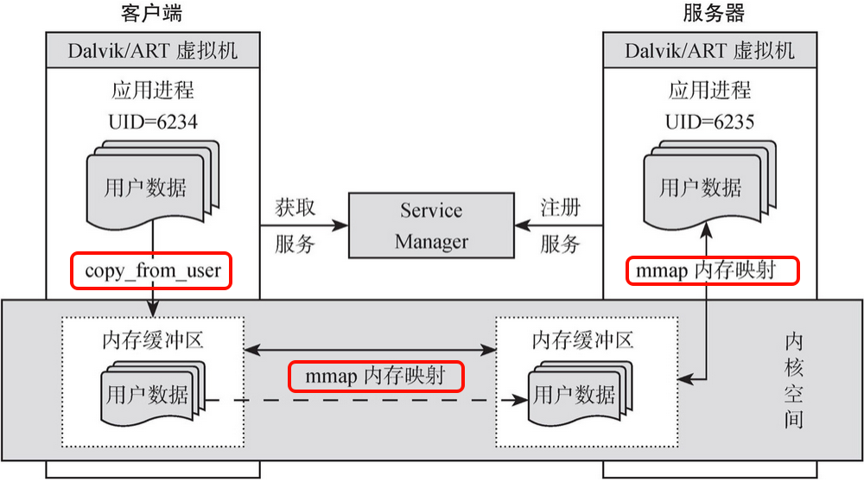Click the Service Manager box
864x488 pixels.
coord(430,225)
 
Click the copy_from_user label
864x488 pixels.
coord(152,270)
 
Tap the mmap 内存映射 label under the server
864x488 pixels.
coord(710,270)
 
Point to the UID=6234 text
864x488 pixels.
coord(152,122)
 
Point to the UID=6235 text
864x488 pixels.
coord(709,122)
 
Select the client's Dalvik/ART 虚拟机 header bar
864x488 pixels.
coord(152,50)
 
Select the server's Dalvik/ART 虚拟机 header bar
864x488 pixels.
coord(709,50)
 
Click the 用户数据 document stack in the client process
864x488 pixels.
coord(147,186)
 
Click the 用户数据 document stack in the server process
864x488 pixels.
coord(702,186)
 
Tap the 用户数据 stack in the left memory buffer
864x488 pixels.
coord(147,395)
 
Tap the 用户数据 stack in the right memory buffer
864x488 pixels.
coord(574,395)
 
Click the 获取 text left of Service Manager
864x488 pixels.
coord(295,208)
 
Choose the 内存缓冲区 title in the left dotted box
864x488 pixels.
coord(152,339)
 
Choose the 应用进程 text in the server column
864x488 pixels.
coord(709,90)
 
